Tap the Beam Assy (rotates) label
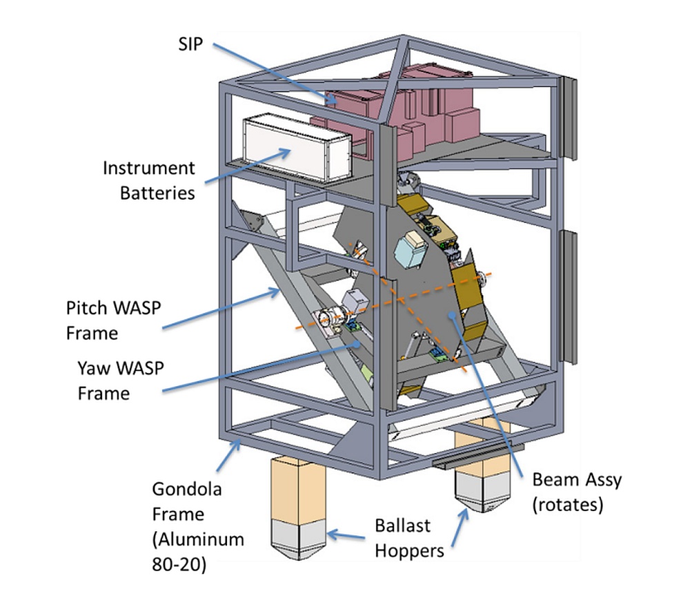(x=568, y=492)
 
